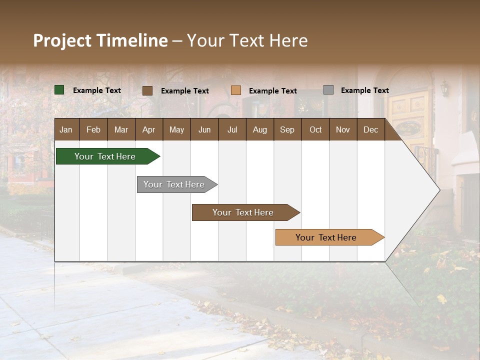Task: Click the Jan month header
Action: (x=66, y=129)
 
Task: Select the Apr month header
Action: (x=149, y=129)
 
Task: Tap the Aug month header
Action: (x=259, y=129)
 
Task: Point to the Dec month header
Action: (x=370, y=129)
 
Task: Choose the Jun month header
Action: (x=204, y=129)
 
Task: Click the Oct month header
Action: (x=315, y=129)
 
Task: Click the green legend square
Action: (x=59, y=90)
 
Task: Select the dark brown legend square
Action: (x=147, y=90)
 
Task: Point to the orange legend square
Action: (x=236, y=90)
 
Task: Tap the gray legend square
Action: (x=328, y=90)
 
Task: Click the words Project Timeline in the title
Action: (x=100, y=40)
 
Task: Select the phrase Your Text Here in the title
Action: (x=247, y=40)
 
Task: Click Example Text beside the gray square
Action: (x=364, y=90)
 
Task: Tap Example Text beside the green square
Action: (x=96, y=90)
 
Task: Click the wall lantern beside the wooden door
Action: (x=444, y=88)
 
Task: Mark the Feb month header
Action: (x=93, y=129)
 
